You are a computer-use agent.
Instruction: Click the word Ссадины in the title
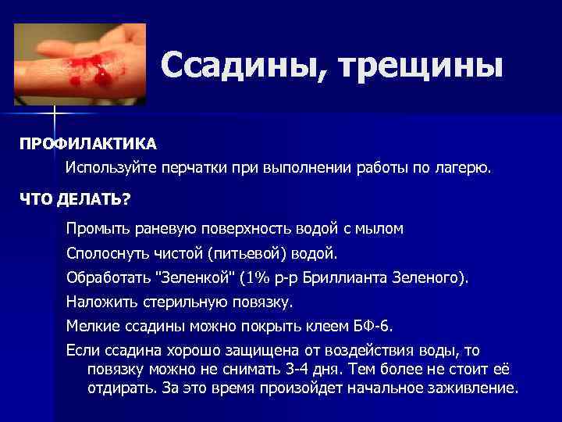point(235,66)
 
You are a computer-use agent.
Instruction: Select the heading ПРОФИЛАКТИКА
point(88,145)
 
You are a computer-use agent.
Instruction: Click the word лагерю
point(467,168)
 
